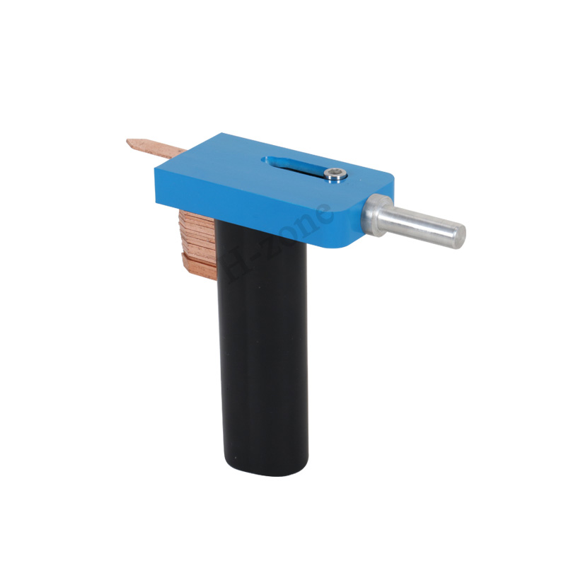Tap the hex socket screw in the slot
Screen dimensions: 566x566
[x=335, y=174]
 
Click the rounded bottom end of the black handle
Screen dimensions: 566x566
[x=266, y=468]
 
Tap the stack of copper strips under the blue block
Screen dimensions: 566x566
[x=198, y=243]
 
